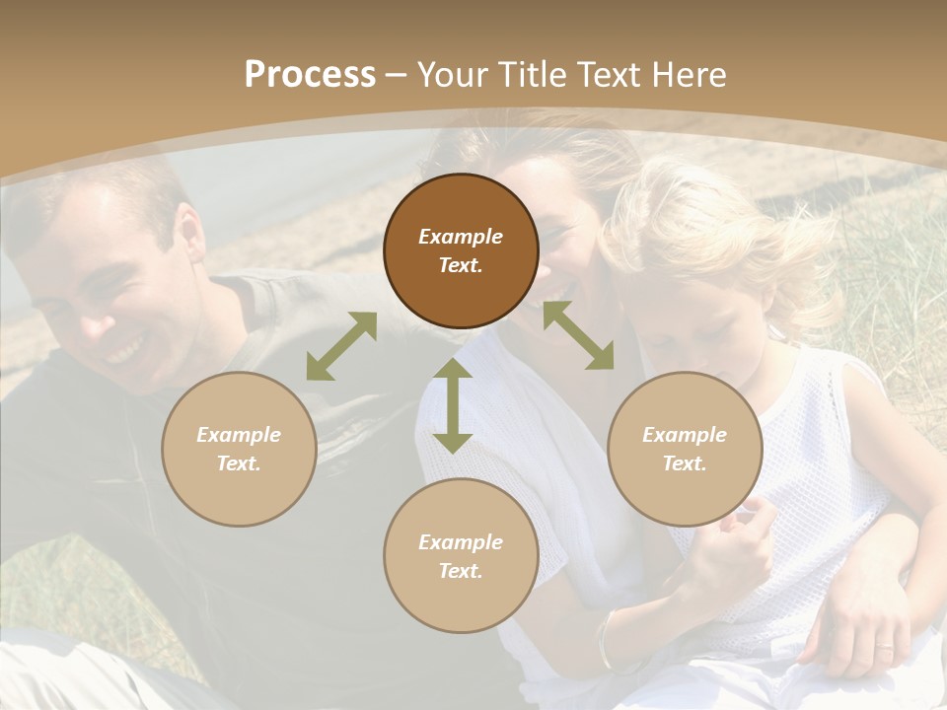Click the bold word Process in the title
pos(310,75)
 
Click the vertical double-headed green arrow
pos(453,405)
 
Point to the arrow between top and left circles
pos(341,346)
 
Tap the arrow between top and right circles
pos(578,335)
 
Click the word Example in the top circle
pos(461,237)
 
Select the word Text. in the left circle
pos(239,463)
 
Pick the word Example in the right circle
pos(685,435)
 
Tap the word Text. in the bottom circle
pos(461,571)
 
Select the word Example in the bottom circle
pos(461,542)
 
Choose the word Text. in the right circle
pos(685,463)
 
